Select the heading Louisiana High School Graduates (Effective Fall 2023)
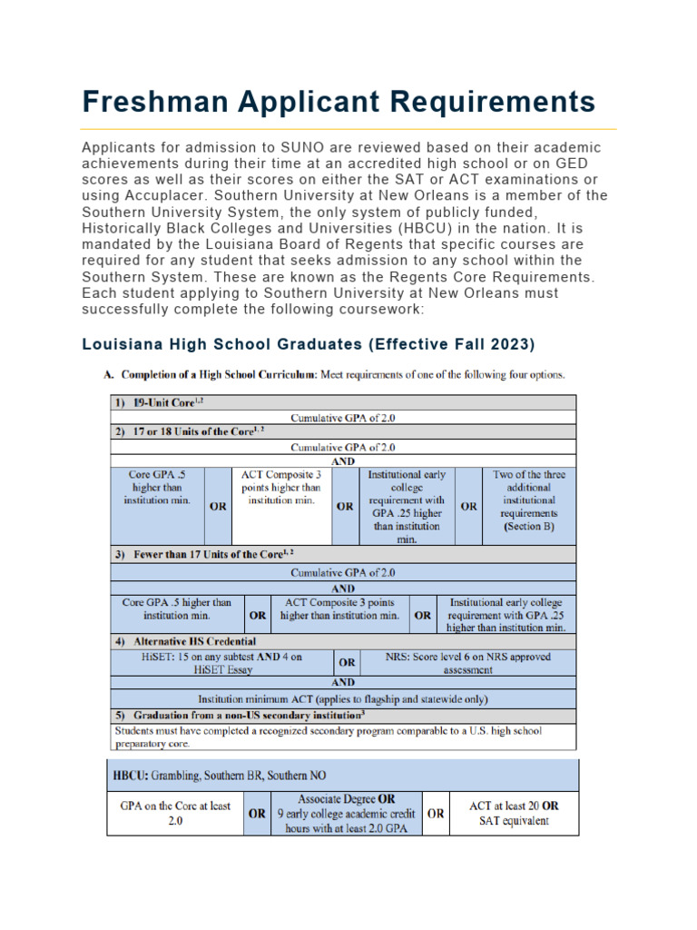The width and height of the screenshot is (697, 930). coord(309,345)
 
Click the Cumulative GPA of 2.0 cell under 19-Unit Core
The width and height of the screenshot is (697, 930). coord(342,417)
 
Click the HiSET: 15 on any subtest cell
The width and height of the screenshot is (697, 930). coord(222,662)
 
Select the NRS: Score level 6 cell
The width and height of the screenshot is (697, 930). coord(467,662)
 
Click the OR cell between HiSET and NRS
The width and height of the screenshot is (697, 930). coord(347,662)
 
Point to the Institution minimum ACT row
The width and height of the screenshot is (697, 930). coord(342,698)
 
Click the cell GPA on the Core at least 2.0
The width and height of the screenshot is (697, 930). coord(175,813)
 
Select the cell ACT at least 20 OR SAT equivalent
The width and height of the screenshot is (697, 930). coord(513,813)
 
